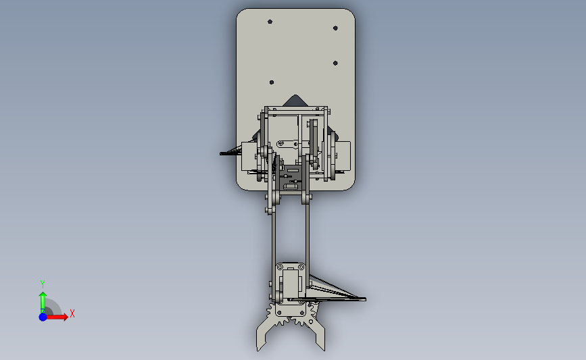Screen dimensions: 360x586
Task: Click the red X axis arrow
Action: point(60,316)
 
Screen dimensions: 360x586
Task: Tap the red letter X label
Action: point(72,313)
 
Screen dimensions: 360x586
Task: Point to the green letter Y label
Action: point(42,284)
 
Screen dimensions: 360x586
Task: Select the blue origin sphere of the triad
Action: point(43,316)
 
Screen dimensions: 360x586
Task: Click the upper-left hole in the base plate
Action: point(270,22)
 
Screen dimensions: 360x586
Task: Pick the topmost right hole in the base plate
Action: point(336,28)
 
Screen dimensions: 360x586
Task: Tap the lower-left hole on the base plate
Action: point(272,82)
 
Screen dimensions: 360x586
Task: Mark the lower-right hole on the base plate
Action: point(336,63)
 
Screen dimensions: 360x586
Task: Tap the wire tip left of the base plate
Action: point(222,154)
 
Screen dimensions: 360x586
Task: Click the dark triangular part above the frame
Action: point(294,101)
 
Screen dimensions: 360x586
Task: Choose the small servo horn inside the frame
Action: point(289,143)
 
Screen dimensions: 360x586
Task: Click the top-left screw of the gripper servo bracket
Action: point(280,269)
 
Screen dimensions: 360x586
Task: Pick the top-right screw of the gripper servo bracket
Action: point(302,269)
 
